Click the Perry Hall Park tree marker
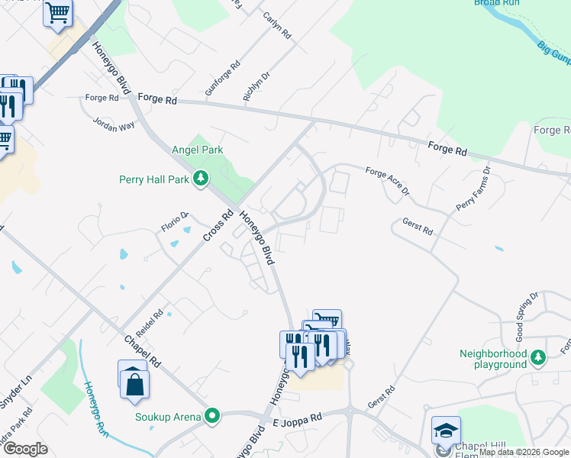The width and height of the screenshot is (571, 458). point(201,179)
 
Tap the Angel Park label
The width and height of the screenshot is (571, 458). point(198,150)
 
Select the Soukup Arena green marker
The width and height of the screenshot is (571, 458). point(213,416)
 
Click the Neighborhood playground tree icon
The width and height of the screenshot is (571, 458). point(538,356)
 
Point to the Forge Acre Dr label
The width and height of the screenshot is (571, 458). point(388,182)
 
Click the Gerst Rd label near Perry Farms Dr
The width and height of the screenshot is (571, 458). point(418,227)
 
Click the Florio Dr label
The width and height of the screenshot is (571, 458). point(174,222)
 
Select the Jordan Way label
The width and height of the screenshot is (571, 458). point(114,124)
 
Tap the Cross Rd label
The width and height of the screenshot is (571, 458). point(217,227)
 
